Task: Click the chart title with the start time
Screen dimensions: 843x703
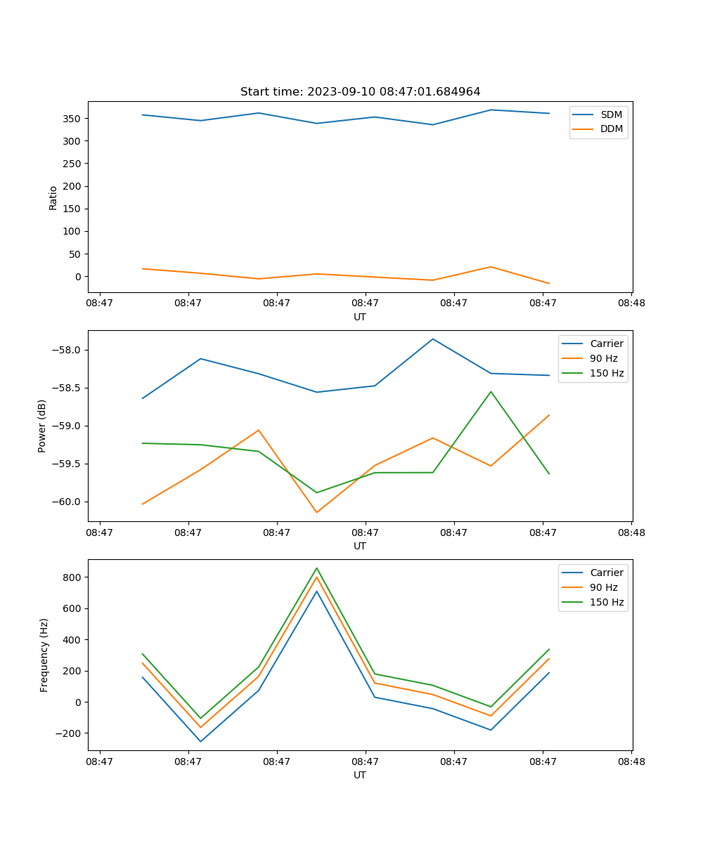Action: (360, 92)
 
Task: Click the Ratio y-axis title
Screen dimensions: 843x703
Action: (53, 197)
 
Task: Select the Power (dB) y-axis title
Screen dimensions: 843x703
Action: (42, 426)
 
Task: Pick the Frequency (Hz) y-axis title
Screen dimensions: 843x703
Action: (44, 655)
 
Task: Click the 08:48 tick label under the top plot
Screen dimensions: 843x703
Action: (631, 303)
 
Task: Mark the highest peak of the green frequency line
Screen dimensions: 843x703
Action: (316, 568)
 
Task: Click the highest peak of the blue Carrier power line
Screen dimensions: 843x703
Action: (433, 339)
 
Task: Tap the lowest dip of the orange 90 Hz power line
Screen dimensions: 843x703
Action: (316, 512)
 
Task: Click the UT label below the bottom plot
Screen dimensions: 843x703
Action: (360, 775)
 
